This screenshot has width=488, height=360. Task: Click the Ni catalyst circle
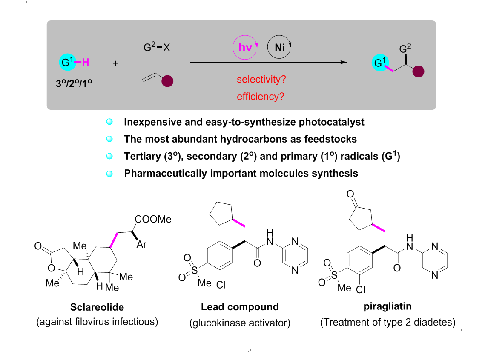[280, 48]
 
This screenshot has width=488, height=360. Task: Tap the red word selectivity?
[261, 79]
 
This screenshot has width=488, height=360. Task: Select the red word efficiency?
[260, 97]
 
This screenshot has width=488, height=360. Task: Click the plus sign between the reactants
[115, 63]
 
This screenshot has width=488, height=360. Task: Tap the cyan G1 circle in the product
[379, 63]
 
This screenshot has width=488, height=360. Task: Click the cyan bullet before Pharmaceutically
[109, 174]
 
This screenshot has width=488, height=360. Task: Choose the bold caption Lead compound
[240, 307]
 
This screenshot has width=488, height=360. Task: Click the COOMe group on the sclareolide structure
[153, 220]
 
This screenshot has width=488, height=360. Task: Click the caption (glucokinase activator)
[240, 323]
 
